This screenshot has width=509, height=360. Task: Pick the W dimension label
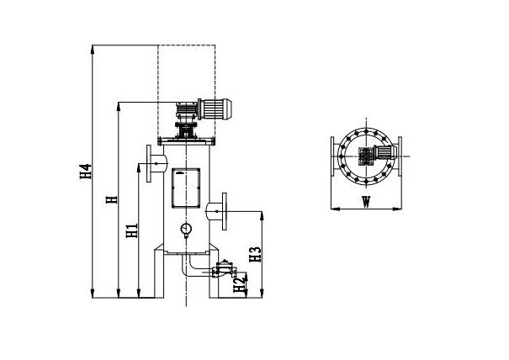click(366, 202)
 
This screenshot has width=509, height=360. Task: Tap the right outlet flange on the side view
click(224, 211)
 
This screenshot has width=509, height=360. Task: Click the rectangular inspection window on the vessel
click(184, 188)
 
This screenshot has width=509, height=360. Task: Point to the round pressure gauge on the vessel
click(185, 228)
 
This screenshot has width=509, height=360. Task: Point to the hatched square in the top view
click(367, 156)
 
